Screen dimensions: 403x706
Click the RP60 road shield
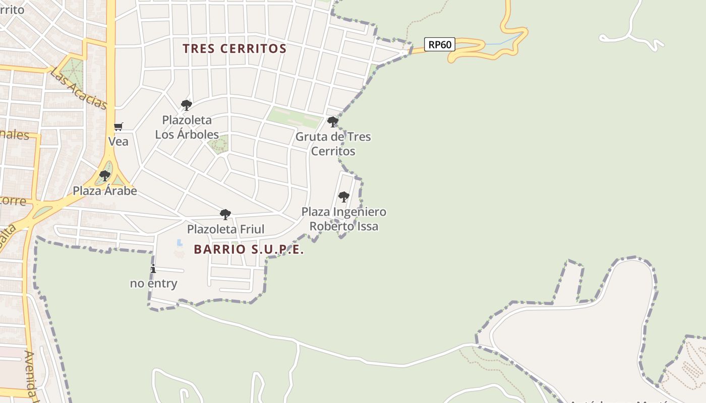(x=439, y=45)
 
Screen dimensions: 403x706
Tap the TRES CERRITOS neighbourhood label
(x=234, y=49)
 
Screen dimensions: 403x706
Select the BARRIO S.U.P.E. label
(x=249, y=249)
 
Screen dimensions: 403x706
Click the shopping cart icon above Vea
(x=118, y=126)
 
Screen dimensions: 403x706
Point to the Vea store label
(x=119, y=142)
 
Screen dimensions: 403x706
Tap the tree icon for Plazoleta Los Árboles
(x=187, y=105)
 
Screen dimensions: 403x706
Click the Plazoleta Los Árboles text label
(x=187, y=127)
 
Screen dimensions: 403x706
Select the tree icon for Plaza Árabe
(x=105, y=176)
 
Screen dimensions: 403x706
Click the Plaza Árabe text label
(x=105, y=191)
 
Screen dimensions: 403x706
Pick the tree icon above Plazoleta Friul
(x=225, y=215)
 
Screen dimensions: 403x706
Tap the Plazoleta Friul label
(x=225, y=229)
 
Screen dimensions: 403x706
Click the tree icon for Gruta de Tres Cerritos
(x=332, y=121)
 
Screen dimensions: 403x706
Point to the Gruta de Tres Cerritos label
(x=333, y=144)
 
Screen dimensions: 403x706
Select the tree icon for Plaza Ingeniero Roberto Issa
(x=343, y=196)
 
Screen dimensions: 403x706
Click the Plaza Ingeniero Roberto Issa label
(x=344, y=219)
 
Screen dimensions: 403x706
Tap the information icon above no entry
(x=153, y=269)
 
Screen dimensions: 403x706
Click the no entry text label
(x=154, y=284)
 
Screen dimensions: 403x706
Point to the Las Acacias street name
(x=79, y=89)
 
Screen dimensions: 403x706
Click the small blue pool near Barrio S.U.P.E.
(x=180, y=243)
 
